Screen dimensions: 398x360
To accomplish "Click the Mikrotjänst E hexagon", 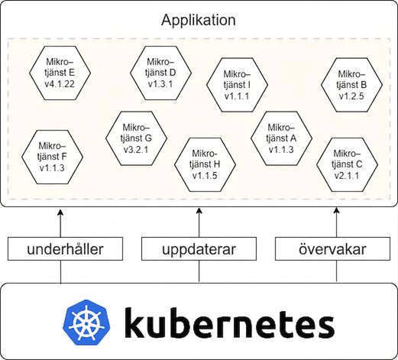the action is click(x=60, y=73).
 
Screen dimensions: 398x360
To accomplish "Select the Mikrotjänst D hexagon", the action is click(x=160, y=73).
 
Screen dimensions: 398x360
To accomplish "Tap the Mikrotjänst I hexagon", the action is click(x=237, y=85).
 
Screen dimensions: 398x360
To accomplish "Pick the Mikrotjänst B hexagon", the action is click(x=351, y=85).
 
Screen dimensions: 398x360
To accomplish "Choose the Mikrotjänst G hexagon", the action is click(x=136, y=138).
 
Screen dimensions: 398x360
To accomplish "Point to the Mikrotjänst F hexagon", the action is click(x=52, y=157).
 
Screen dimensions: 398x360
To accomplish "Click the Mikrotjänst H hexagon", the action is click(x=205, y=164).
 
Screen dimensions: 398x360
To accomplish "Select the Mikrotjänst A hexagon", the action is click(x=281, y=138).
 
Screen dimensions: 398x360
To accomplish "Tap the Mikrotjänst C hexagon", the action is click(x=347, y=164).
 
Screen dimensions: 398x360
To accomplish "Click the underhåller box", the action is click(x=65, y=249).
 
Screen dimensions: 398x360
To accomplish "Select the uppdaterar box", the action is click(x=199, y=249).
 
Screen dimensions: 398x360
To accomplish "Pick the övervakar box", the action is click(x=332, y=249).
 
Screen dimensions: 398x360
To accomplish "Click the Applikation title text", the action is click(x=199, y=21).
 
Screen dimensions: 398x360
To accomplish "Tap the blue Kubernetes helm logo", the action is click(x=86, y=323).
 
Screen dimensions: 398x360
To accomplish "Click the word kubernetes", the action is click(x=229, y=323).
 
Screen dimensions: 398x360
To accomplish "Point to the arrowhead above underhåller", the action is click(x=60, y=212).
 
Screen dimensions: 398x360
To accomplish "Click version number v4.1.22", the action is click(x=60, y=84).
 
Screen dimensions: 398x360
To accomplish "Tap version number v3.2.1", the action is click(x=136, y=149).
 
